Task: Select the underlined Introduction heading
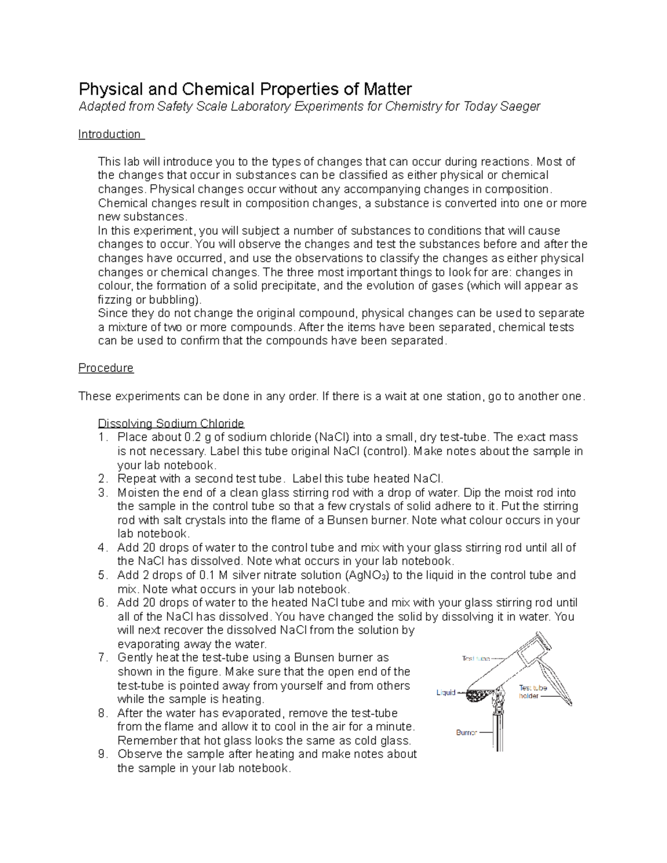(x=110, y=134)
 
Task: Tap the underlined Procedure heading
(x=106, y=368)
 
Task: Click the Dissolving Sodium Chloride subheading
(x=171, y=423)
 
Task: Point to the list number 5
(x=102, y=575)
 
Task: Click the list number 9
(x=102, y=754)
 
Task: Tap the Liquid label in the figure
(x=446, y=693)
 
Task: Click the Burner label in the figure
(x=466, y=732)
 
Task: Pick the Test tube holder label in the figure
(x=532, y=692)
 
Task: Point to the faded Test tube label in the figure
(x=476, y=659)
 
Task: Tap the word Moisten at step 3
(x=138, y=493)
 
